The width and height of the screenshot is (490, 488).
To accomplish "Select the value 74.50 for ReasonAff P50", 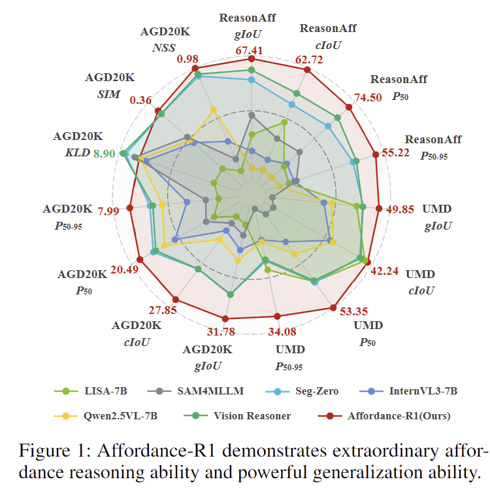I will pos(367,98).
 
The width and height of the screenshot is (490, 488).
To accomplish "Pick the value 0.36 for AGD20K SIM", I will pos(141,100).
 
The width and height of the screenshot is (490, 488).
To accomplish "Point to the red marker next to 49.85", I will pos(379,209).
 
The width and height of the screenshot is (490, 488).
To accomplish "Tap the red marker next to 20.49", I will pos(139,260).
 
